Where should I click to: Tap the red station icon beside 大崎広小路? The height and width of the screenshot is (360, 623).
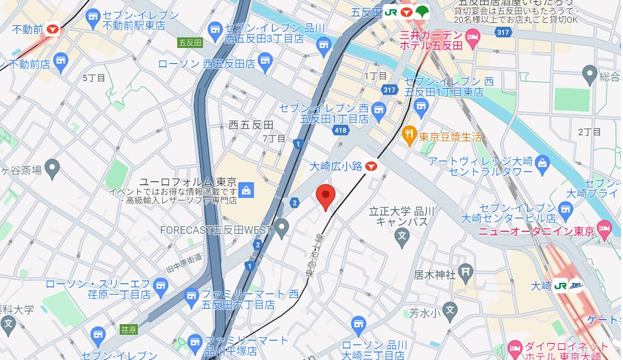coord(372,165)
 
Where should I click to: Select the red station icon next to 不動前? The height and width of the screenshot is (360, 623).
coord(53,29)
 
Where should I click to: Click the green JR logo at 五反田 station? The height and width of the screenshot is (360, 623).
coord(391,12)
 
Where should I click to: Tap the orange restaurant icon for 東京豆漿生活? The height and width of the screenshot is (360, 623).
coord(409,135)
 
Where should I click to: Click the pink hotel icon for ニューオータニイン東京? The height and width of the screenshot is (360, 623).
coord(604,229)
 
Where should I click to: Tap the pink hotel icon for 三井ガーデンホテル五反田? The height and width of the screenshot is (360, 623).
coord(473,36)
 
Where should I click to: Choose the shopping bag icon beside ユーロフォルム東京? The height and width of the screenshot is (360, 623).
coord(246,190)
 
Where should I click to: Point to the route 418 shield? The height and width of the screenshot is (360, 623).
coord(341,131)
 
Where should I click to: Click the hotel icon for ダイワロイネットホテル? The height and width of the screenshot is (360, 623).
coord(514,348)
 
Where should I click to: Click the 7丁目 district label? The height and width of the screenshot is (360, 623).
coord(274,138)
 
